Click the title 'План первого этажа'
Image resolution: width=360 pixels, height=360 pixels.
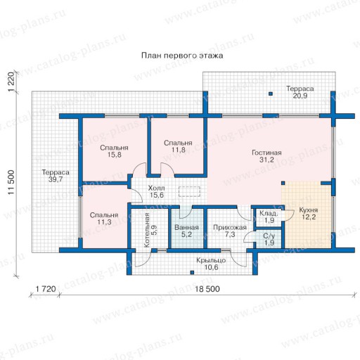pos(182,56)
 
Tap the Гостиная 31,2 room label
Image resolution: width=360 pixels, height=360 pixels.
pos(266,156)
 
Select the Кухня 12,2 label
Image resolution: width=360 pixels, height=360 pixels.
pos(309,214)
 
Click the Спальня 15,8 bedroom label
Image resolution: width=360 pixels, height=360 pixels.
pos(114,151)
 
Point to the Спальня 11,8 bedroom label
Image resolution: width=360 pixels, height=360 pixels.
pos(178,146)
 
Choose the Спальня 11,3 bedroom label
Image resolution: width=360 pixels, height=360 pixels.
pos(104,219)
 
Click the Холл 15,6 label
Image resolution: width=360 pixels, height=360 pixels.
pos(157,191)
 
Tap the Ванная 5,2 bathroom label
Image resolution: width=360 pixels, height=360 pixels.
pos(186,231)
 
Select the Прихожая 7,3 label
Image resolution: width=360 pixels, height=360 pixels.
pos(230,231)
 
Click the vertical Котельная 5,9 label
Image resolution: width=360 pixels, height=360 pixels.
pos(150,230)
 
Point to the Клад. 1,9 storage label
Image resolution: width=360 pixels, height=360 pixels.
pos(269,217)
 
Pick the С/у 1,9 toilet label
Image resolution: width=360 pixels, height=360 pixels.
pos(269,239)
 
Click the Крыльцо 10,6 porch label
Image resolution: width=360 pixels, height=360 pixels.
pos(211,264)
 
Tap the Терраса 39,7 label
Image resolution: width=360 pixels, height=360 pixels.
pos(56,176)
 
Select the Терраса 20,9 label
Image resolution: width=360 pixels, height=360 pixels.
pos(300,92)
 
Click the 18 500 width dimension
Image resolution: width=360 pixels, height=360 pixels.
pos(207,289)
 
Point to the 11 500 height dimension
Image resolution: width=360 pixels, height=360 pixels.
pos(11,182)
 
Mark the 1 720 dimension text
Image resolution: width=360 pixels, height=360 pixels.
pos(46,289)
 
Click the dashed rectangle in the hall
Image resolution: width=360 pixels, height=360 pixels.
pos(189,191)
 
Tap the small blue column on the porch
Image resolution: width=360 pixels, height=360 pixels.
pos(192,272)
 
